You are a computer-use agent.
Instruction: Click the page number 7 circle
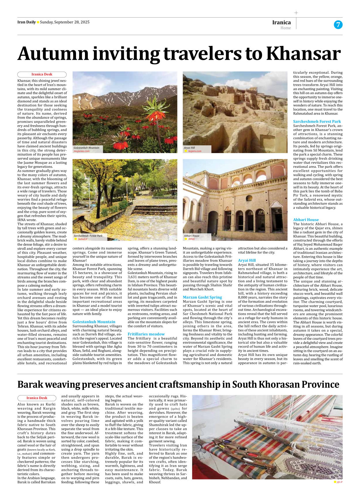(338, 25)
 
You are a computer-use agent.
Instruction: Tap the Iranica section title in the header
(281, 22)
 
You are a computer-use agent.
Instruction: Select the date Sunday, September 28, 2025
(65, 22)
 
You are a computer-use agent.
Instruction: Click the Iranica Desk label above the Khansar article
(42, 74)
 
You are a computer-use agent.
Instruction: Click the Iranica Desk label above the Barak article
(37, 398)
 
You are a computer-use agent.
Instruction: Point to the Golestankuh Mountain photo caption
(86, 148)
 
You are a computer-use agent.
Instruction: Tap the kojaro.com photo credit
(195, 151)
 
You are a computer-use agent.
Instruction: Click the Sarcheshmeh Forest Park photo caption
(88, 236)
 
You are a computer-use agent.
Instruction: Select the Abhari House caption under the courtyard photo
(192, 236)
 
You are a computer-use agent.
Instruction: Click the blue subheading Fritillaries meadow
(146, 334)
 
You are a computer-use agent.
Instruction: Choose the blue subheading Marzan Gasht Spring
(202, 297)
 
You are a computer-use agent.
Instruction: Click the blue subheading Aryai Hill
(247, 260)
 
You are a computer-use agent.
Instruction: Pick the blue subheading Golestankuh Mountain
(94, 322)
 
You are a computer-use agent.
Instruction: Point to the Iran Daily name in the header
(26, 22)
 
